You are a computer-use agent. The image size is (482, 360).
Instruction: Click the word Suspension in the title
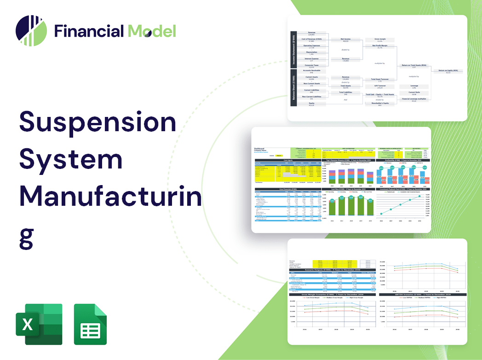coord(98,122)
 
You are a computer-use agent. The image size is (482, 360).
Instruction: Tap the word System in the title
coord(71,159)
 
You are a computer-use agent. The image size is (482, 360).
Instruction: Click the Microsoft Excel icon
coord(39,324)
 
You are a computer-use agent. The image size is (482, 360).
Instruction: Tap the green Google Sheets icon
coord(90,324)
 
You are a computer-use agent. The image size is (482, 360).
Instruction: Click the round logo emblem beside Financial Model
coord(31,31)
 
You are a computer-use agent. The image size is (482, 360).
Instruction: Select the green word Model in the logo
coord(152,31)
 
